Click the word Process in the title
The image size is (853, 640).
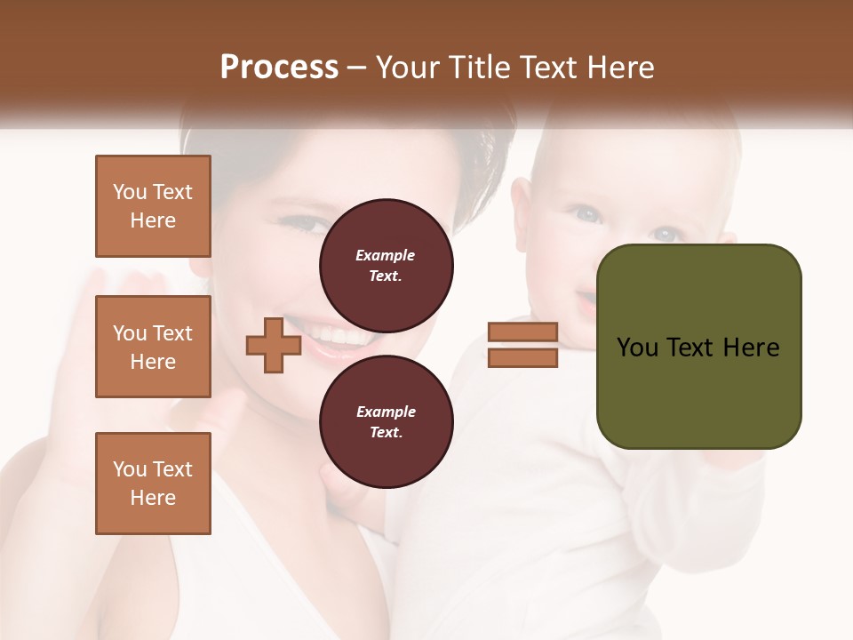[279, 68]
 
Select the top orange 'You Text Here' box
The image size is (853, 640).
[153, 206]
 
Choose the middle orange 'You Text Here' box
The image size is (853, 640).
[153, 347]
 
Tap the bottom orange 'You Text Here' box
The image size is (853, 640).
[153, 484]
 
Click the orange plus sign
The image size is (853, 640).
[274, 345]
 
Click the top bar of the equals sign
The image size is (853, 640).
[522, 332]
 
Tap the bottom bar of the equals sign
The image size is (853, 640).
[522, 357]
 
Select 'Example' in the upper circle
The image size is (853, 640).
[386, 255]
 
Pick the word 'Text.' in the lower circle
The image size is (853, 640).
[386, 432]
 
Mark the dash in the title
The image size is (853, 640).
[357, 68]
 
